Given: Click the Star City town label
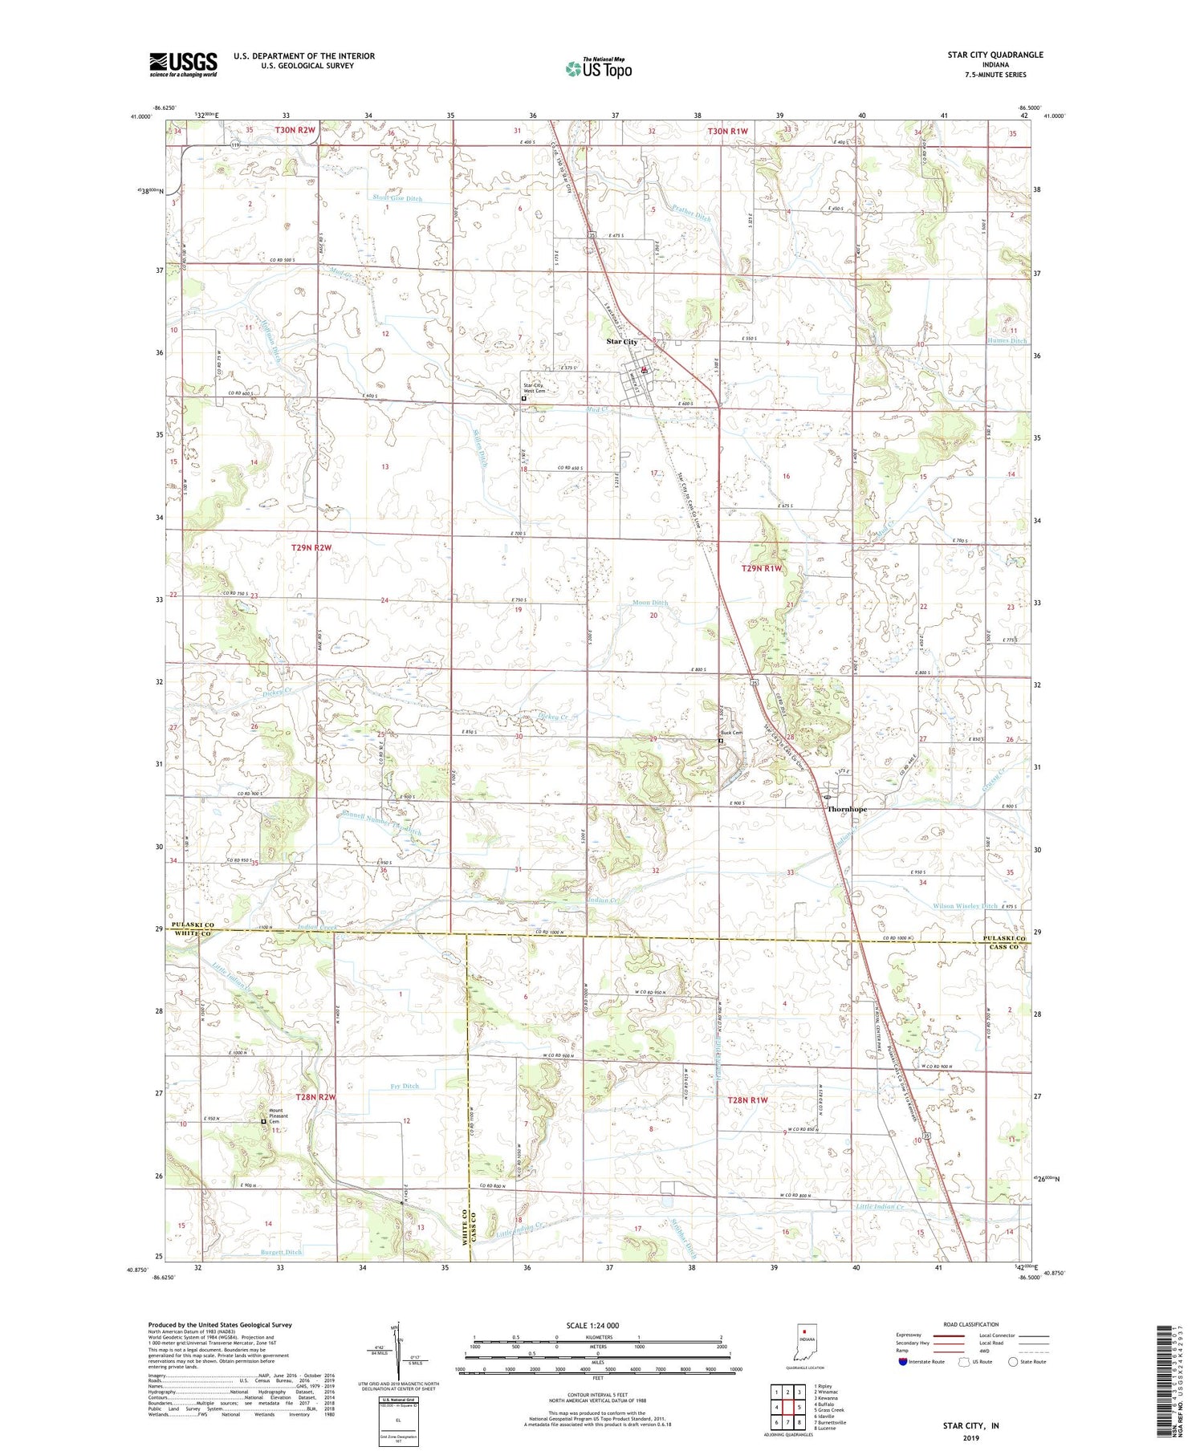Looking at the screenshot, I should (622, 342).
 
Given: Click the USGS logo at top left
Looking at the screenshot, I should (183, 63).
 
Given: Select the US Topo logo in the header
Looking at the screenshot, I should (599, 68).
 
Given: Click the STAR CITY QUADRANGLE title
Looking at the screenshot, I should (995, 55).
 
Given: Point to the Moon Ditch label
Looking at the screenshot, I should (650, 603).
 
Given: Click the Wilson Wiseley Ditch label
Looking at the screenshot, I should (965, 905).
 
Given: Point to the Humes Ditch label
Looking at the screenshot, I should (1007, 341).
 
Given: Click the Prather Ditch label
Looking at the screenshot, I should (692, 217).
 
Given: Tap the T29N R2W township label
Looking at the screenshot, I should (311, 547).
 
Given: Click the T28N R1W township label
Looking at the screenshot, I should (747, 1099).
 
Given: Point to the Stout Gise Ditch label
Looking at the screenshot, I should (397, 198).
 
